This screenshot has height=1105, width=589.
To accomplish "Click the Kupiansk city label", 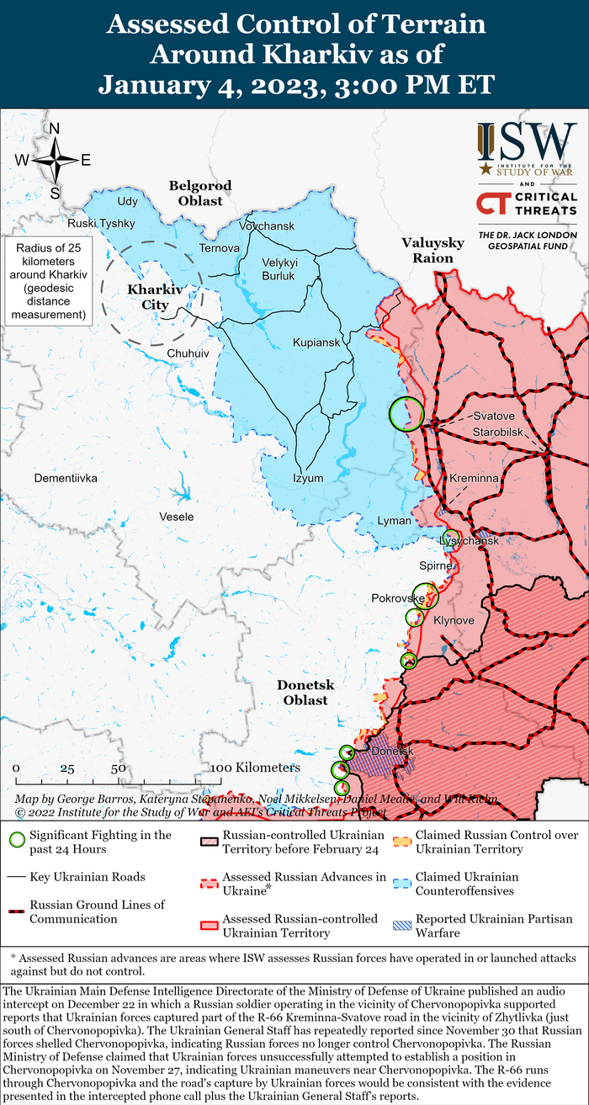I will coord(316,343).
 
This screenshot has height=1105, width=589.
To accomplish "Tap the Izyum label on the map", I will coord(308,478).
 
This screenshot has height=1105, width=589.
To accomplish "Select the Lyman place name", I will coord(395,521).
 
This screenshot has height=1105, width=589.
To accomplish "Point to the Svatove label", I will coord(489,417).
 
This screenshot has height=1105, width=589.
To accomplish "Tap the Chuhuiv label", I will coord(188,353).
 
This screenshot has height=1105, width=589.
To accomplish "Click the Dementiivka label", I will coord(66,478).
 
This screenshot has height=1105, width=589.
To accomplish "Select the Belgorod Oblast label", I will coord(199,193).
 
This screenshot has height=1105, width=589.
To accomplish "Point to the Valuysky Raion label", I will coord(432,250).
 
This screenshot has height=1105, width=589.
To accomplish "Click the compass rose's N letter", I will coord(55,129).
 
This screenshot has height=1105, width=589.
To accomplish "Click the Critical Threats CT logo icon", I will coord(492,203).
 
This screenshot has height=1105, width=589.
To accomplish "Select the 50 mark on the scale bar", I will coord(118,768).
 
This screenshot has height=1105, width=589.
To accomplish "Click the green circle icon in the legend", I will coord(16,839).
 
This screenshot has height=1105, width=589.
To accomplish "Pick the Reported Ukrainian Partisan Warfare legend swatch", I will coord(403,925).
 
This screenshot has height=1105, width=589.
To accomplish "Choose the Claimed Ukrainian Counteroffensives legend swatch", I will coord(403,883).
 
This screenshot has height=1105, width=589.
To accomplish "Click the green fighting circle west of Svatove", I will coord(406,413).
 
